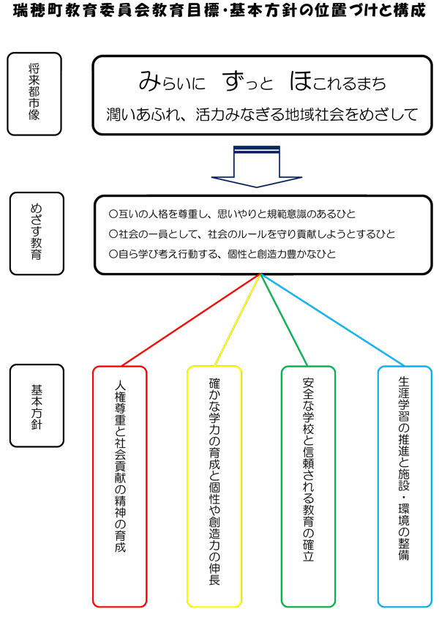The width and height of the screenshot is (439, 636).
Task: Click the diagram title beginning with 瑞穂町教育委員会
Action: point(219,12)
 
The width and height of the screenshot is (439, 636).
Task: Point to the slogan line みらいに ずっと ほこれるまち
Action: point(261,82)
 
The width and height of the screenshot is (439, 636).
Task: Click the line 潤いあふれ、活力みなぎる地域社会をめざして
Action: point(261,113)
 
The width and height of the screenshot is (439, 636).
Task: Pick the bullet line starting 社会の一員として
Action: point(251,234)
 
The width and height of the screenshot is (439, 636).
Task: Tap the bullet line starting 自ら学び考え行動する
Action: point(231,254)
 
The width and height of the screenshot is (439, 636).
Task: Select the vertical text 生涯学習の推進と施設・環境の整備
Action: point(404,468)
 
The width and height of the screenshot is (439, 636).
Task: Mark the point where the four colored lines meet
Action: point(261,275)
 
